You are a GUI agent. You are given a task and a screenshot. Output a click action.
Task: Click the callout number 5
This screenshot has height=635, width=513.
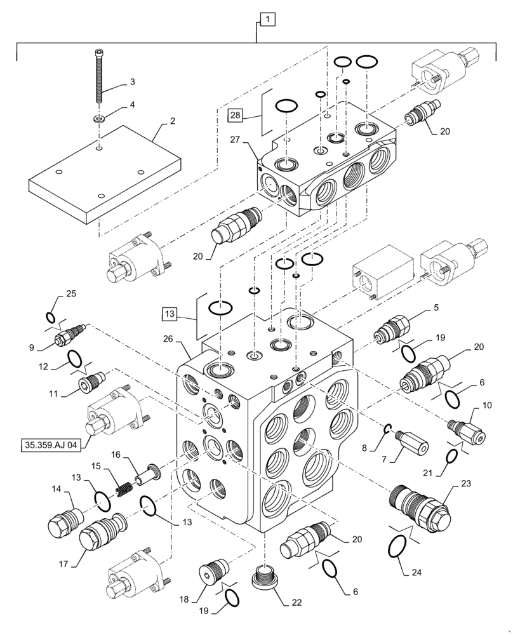tap(436, 307)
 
